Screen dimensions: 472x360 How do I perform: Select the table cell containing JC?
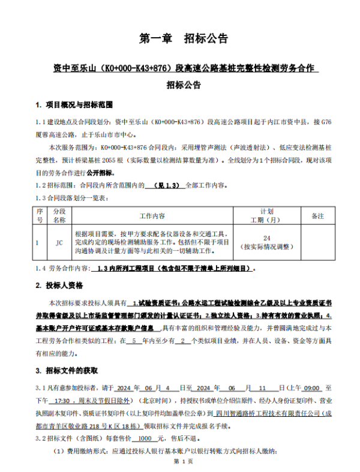tap(59, 242)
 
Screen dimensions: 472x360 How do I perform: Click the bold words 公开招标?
tap(125, 172)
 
